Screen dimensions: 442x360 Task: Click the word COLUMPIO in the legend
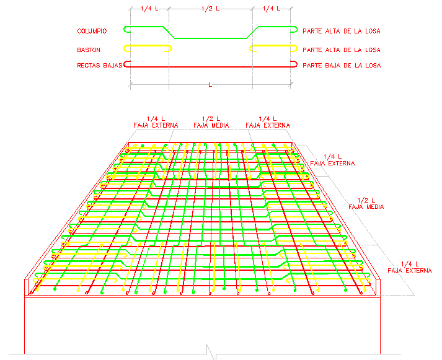[x=92, y=31]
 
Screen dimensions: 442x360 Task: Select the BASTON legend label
[x=89, y=50]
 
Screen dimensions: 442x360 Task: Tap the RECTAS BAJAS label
[x=99, y=64]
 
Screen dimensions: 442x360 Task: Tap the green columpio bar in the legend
[x=211, y=38]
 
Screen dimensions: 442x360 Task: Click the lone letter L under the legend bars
[x=211, y=84]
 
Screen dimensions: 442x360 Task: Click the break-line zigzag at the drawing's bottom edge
[x=212, y=354]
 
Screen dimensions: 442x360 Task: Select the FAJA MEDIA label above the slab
[x=211, y=125]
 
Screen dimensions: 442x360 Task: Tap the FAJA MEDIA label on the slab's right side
[x=366, y=206]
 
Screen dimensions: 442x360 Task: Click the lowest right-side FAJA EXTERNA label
[x=409, y=271]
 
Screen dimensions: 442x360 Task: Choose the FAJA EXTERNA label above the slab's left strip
[x=151, y=125]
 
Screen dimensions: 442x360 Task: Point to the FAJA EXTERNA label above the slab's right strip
[x=268, y=125]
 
